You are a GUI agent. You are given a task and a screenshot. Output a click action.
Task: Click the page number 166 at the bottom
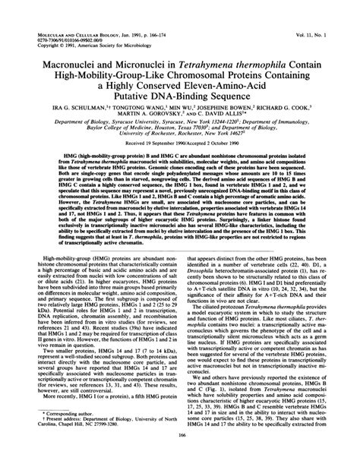point(179,456)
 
